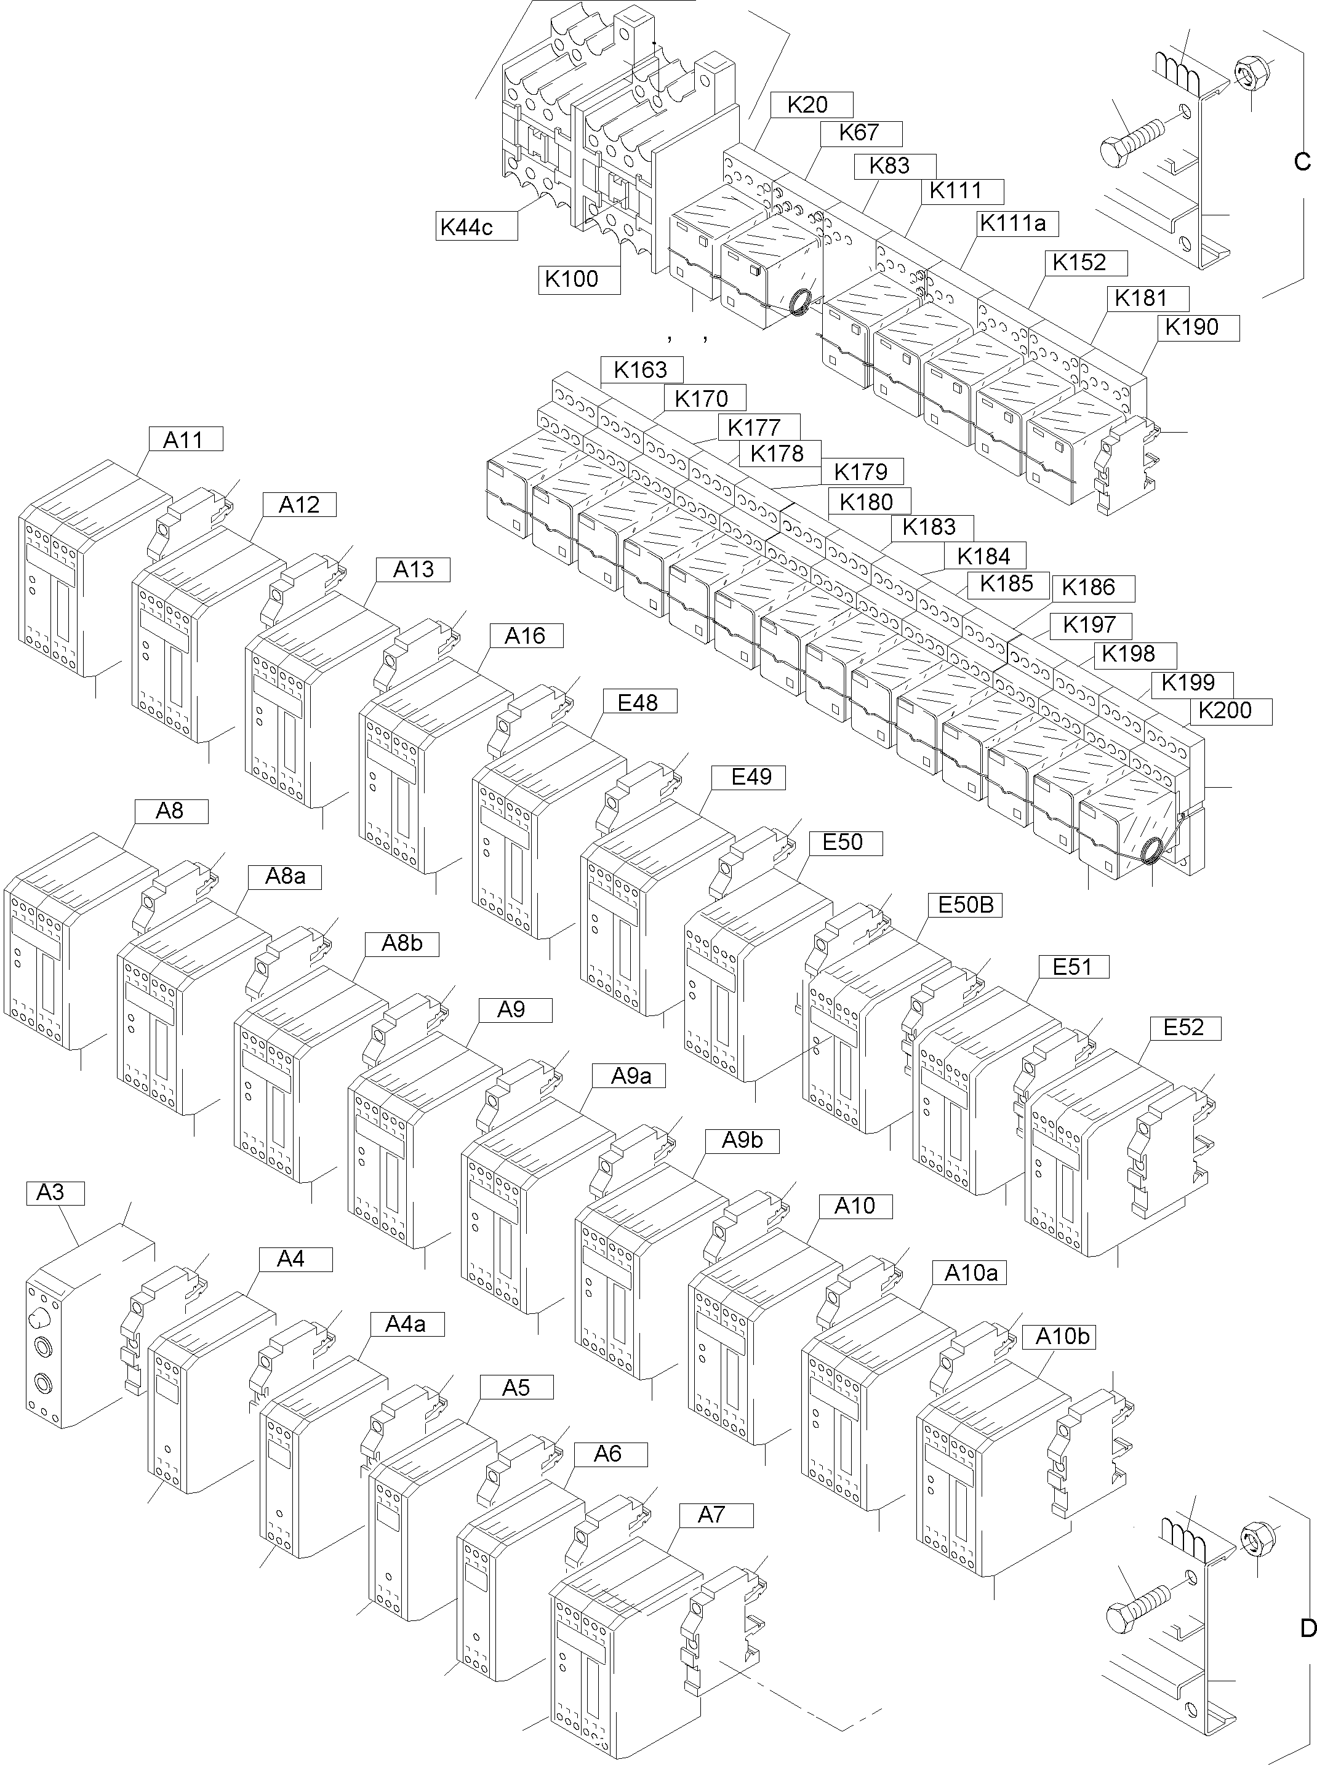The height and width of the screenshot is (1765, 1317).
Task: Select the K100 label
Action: point(578,279)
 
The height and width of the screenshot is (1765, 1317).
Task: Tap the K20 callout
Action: point(812,105)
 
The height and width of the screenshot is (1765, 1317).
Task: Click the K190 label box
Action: point(1198,327)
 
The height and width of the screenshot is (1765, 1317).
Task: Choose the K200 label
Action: point(1230,710)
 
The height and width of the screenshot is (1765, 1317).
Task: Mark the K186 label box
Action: point(1093,588)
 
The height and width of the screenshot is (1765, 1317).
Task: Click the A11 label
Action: point(185,439)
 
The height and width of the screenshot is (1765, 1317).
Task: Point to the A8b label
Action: point(402,943)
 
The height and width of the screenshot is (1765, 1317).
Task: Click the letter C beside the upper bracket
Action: point(1301,162)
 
